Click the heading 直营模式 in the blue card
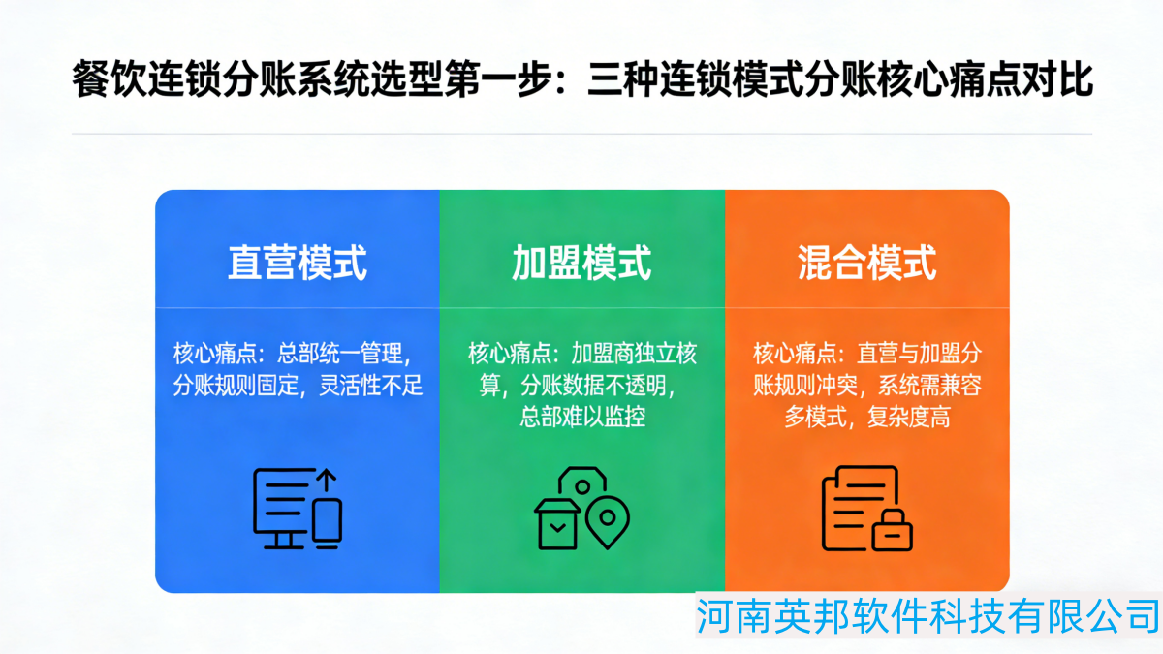tap(298, 262)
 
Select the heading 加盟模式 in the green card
tap(581, 262)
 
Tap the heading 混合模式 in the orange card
tap(866, 262)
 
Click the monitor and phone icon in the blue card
tap(297, 509)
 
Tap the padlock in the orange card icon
tap(893, 529)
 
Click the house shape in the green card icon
tap(557, 524)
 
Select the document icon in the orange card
tap(858, 504)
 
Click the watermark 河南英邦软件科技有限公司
tap(928, 615)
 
